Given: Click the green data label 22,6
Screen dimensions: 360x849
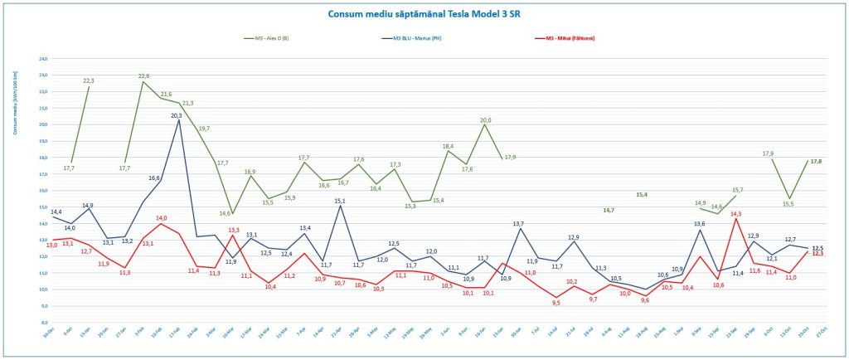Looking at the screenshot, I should click(143, 75).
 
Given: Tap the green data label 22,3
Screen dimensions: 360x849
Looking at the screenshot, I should click(88, 80).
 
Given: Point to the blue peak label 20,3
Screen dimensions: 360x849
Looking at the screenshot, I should click(177, 115).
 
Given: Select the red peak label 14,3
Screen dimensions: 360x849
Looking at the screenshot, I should click(735, 213).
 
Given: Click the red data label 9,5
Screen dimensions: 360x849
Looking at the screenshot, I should click(556, 303).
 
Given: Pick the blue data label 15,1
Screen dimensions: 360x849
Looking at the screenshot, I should click(339, 201).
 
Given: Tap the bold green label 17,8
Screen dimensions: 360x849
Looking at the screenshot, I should click(817, 161).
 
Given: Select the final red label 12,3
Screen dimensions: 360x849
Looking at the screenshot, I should click(817, 254).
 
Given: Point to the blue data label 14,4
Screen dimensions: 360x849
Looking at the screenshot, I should click(56, 212).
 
